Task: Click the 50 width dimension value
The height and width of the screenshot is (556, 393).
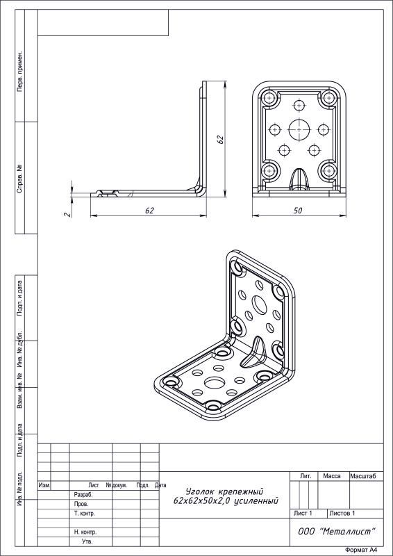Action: coord(298,211)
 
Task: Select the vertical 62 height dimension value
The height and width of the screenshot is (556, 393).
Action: coord(220,140)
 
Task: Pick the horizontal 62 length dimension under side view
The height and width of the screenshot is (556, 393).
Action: coord(149,211)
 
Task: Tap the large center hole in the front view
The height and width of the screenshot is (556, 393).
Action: coord(299,130)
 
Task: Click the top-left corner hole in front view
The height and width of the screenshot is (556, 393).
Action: coord(270,98)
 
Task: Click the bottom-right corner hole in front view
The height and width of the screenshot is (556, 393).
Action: coord(329,171)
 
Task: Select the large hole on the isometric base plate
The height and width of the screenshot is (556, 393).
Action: coord(212,383)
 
